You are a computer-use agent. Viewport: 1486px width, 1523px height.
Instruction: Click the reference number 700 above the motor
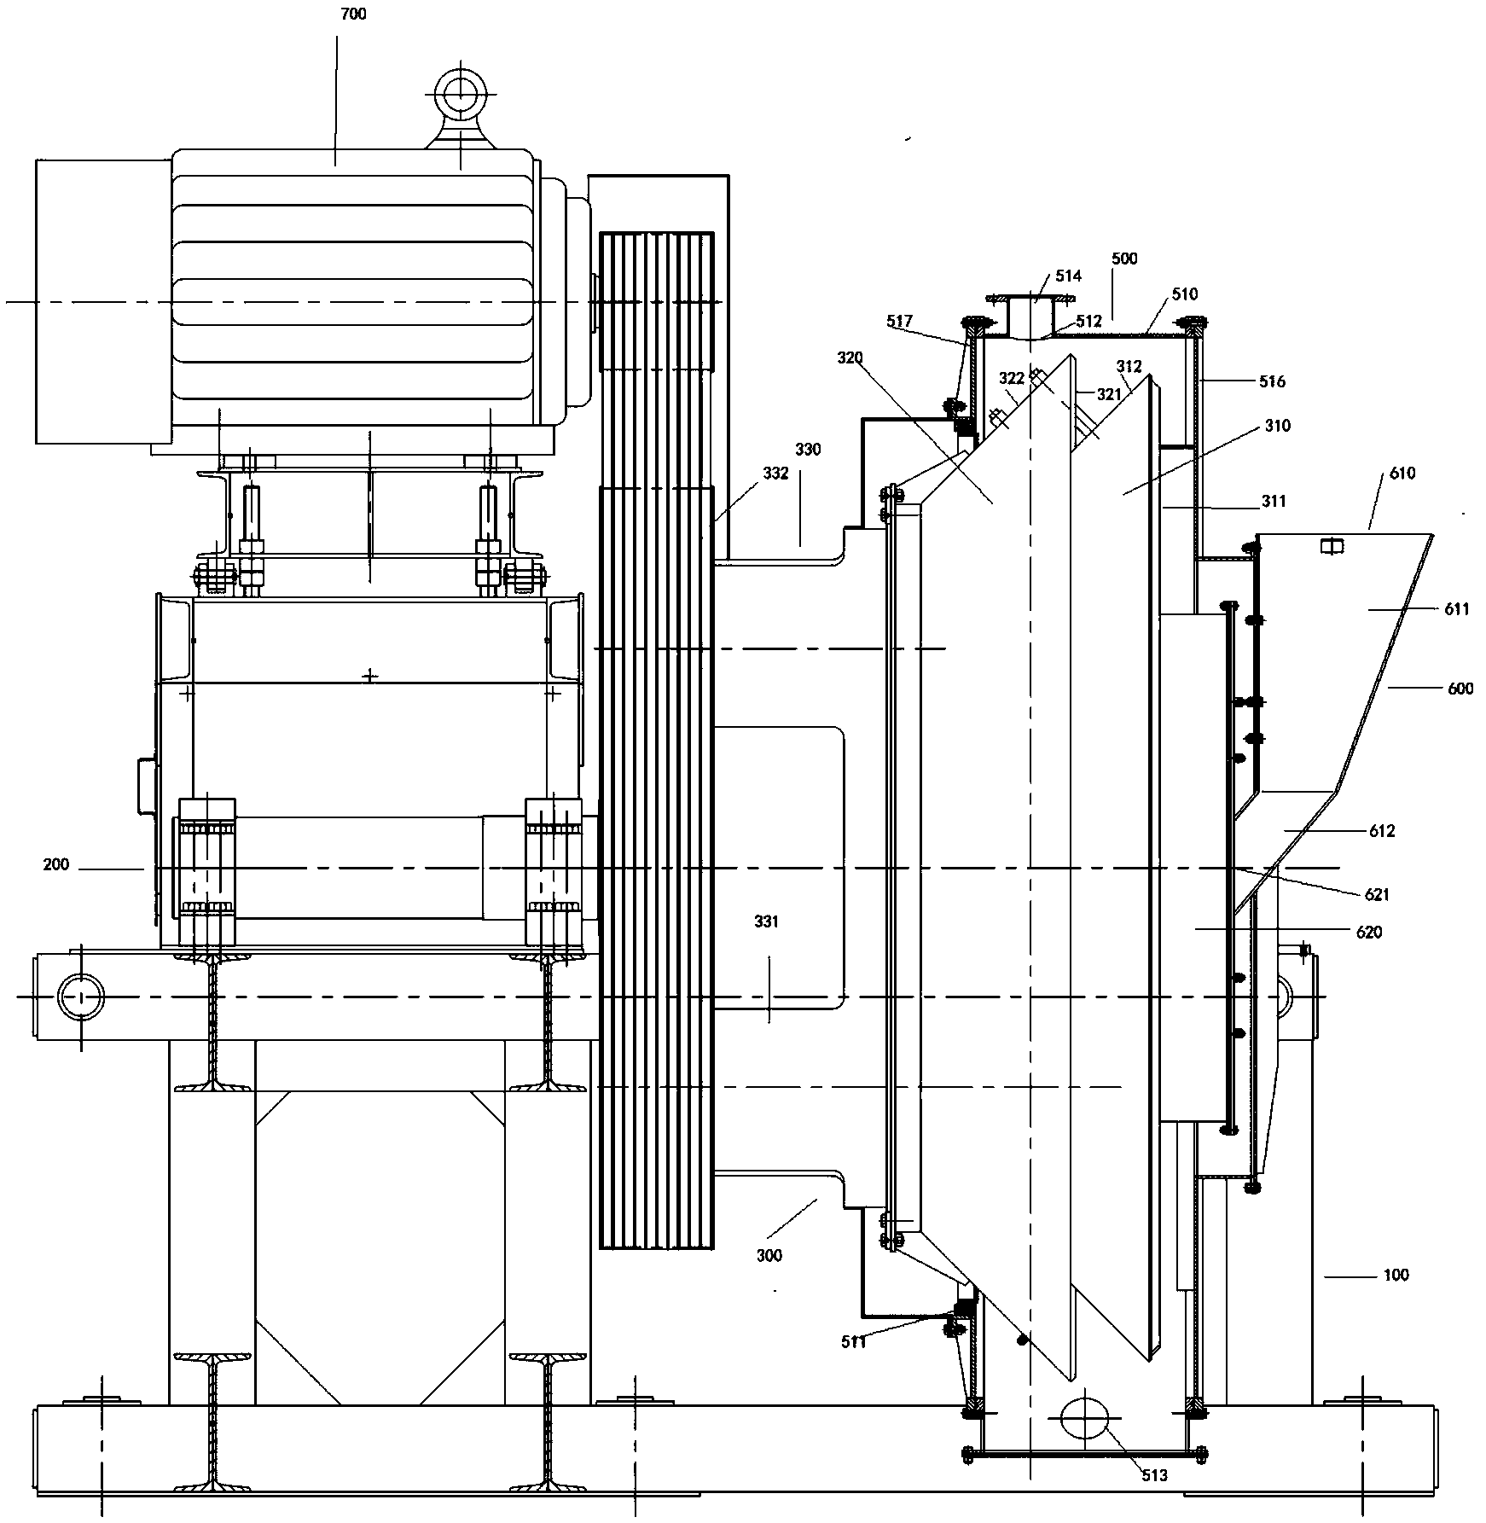352,15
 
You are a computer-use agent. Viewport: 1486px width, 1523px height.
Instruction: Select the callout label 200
56,865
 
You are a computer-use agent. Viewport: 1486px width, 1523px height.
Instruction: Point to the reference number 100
1396,1276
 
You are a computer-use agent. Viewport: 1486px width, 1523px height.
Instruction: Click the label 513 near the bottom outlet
1154,1476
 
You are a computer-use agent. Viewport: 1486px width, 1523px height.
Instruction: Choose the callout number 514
1069,276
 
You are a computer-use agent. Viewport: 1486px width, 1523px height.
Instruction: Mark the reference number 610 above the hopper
1402,474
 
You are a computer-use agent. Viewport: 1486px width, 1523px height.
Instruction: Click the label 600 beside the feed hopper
1460,689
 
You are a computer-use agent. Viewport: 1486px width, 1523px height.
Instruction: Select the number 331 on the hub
766,921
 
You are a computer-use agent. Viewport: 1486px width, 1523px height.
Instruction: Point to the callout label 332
775,474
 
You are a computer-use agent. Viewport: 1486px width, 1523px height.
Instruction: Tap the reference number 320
850,358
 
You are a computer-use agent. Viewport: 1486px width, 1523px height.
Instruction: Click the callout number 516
1272,381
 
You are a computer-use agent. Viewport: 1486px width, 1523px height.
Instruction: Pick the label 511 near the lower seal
854,1342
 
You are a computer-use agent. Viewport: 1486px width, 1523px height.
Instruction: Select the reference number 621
1377,895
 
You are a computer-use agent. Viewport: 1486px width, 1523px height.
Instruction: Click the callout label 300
769,1255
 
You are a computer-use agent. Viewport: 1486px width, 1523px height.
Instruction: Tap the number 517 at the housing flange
899,322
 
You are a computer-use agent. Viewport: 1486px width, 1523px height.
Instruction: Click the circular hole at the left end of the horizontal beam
81,997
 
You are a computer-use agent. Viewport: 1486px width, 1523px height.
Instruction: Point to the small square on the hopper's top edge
1329,545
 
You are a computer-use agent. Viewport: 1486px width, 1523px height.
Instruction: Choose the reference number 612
1381,831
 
